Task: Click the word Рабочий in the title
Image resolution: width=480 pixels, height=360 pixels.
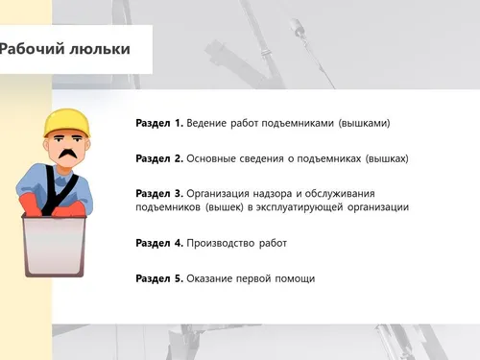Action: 32,49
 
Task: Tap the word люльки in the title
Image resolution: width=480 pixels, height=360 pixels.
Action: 100,49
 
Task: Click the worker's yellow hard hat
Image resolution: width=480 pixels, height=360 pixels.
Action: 67,123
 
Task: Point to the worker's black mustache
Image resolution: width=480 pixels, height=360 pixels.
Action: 68,154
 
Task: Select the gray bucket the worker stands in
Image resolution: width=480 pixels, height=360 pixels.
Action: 54,245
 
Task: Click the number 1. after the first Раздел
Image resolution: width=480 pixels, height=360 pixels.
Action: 179,123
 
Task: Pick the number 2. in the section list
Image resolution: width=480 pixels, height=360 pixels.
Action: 179,158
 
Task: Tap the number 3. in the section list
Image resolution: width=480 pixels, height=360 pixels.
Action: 179,193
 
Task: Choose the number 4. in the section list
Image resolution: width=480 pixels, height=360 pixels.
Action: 179,243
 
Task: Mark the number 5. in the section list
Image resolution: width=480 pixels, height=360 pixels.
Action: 179,278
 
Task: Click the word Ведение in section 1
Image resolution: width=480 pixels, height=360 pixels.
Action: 206,123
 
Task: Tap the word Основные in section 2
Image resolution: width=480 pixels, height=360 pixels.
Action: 211,158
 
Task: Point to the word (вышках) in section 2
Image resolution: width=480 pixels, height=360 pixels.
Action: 387,158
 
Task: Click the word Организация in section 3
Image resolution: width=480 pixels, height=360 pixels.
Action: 218,194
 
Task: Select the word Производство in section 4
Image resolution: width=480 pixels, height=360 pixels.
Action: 221,244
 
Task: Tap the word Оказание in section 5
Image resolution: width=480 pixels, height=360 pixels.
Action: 209,278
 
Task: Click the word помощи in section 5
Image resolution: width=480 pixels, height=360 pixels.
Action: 295,279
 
